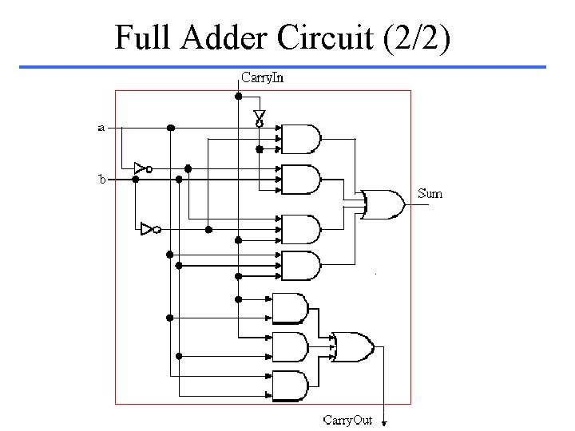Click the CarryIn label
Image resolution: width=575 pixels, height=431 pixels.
pyautogui.click(x=262, y=77)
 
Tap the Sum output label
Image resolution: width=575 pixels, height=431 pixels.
pyautogui.click(x=430, y=193)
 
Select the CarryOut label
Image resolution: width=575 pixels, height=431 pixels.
pyautogui.click(x=347, y=420)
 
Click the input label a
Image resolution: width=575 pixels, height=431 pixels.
pyautogui.click(x=101, y=128)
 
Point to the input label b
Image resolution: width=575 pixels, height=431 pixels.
pyautogui.click(x=102, y=179)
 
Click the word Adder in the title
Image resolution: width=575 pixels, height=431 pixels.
pyautogui.click(x=224, y=37)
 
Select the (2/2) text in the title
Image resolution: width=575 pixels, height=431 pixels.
pyautogui.click(x=417, y=38)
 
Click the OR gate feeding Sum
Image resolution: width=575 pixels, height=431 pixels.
pyautogui.click(x=383, y=204)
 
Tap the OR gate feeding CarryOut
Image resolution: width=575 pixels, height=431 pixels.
pyautogui.click(x=353, y=347)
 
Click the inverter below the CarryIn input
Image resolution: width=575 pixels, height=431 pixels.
pyautogui.click(x=260, y=118)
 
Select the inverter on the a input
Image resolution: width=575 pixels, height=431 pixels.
pyautogui.click(x=143, y=168)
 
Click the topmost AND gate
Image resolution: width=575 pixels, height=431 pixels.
pyautogui.click(x=301, y=139)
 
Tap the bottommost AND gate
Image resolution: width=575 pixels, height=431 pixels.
pyautogui.click(x=291, y=386)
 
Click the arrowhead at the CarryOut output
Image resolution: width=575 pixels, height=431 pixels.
pyautogui.click(x=384, y=423)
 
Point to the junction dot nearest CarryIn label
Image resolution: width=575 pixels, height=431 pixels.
pyautogui.click(x=238, y=97)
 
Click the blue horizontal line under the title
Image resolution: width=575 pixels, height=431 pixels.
pyautogui.click(x=283, y=67)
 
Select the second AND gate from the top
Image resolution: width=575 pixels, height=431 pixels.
pyautogui.click(x=301, y=180)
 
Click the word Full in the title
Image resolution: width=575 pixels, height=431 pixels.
pyautogui.click(x=143, y=37)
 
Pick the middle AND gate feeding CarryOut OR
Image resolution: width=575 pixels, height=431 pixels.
pyautogui.click(x=291, y=346)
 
